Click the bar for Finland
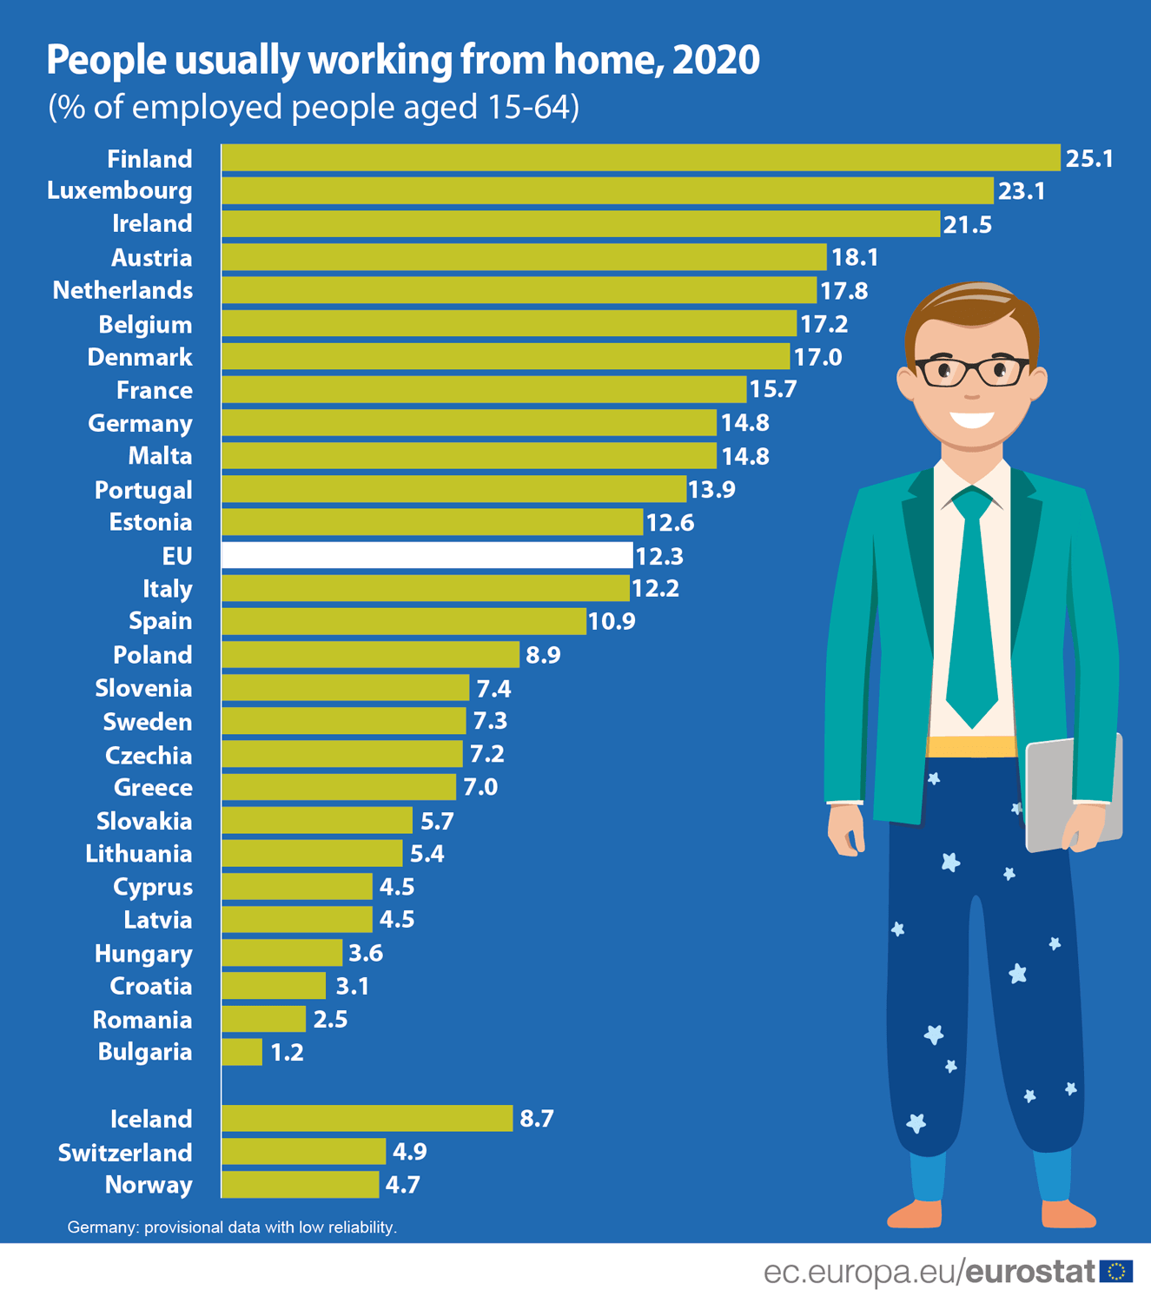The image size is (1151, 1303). pyautogui.click(x=640, y=158)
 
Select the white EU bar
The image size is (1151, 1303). pyautogui.click(x=427, y=555)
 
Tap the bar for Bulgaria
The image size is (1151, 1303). pyautogui.click(x=241, y=1052)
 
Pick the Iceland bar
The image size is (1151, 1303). pyautogui.click(x=367, y=1118)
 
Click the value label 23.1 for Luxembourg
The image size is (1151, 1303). pyautogui.click(x=1021, y=191)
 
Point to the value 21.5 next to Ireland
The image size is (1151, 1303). pyautogui.click(x=967, y=225)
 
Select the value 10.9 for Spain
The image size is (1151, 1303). pyautogui.click(x=612, y=622)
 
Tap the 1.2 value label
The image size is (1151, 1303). pyautogui.click(x=287, y=1053)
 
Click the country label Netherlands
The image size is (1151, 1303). pyautogui.click(x=122, y=290)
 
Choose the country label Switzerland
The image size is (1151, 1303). pyautogui.click(x=125, y=1153)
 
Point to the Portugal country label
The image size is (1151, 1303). pyautogui.click(x=143, y=490)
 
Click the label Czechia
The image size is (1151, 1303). pyautogui.click(x=149, y=756)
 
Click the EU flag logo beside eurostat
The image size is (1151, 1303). pyautogui.click(x=1116, y=1272)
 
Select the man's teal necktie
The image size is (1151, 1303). pyautogui.click(x=972, y=608)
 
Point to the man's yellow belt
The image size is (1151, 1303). pyautogui.click(x=971, y=746)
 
